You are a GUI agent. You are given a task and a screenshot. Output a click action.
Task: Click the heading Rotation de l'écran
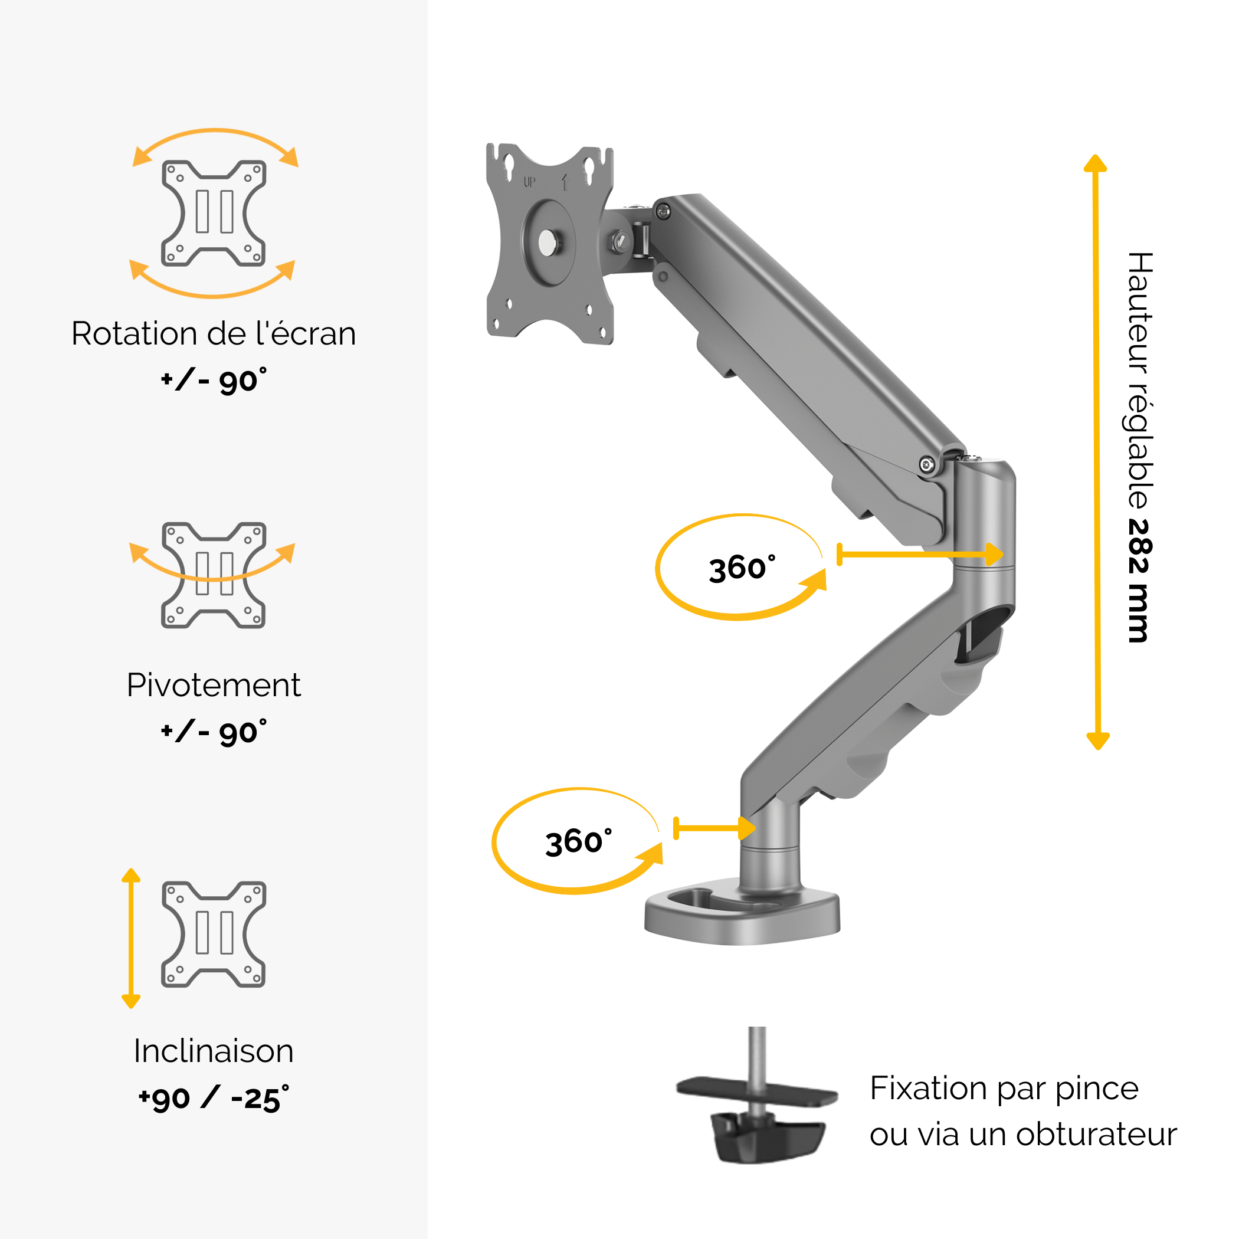click(214, 334)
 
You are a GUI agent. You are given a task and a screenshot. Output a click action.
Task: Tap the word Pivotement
click(214, 686)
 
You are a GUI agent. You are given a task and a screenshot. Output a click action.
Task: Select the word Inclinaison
click(214, 1051)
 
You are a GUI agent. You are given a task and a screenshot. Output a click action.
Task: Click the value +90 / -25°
click(214, 1099)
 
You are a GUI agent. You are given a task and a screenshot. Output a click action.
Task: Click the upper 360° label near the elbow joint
click(742, 568)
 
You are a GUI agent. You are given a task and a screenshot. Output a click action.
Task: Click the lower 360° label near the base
click(578, 842)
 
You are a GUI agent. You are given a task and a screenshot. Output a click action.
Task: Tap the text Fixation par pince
click(1004, 1089)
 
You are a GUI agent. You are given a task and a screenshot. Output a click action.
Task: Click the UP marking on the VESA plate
click(530, 182)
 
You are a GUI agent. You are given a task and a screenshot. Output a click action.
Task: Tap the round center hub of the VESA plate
click(548, 242)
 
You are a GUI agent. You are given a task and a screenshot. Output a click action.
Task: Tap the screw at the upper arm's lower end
click(927, 464)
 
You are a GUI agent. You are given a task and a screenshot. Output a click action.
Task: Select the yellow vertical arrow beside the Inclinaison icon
click(131, 938)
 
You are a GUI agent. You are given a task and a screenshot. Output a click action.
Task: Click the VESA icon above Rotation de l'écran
click(214, 214)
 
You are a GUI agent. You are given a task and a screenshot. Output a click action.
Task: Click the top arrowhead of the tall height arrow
click(1096, 163)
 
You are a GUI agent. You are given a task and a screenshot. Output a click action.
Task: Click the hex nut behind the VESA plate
click(621, 241)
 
